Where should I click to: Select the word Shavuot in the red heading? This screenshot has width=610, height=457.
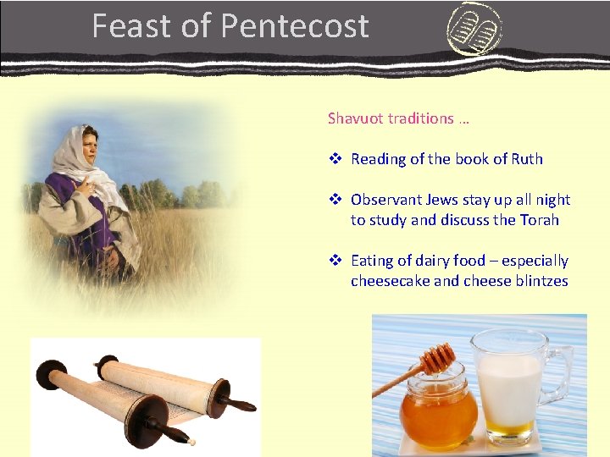[x=356, y=118]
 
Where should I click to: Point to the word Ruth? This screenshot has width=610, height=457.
[x=525, y=159]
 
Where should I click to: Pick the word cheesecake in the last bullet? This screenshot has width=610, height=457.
[x=390, y=281]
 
